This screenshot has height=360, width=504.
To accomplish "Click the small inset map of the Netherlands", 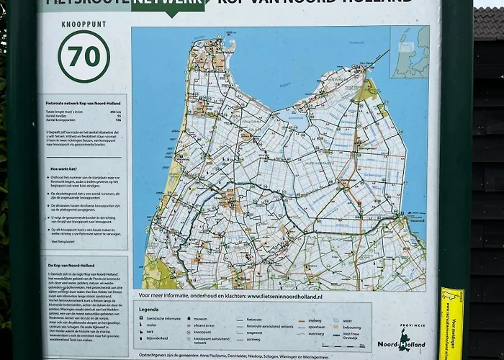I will click(x=409, y=51).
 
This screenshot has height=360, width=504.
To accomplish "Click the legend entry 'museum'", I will click(x=202, y=318).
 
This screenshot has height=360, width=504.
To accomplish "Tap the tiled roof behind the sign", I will click(x=487, y=22).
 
